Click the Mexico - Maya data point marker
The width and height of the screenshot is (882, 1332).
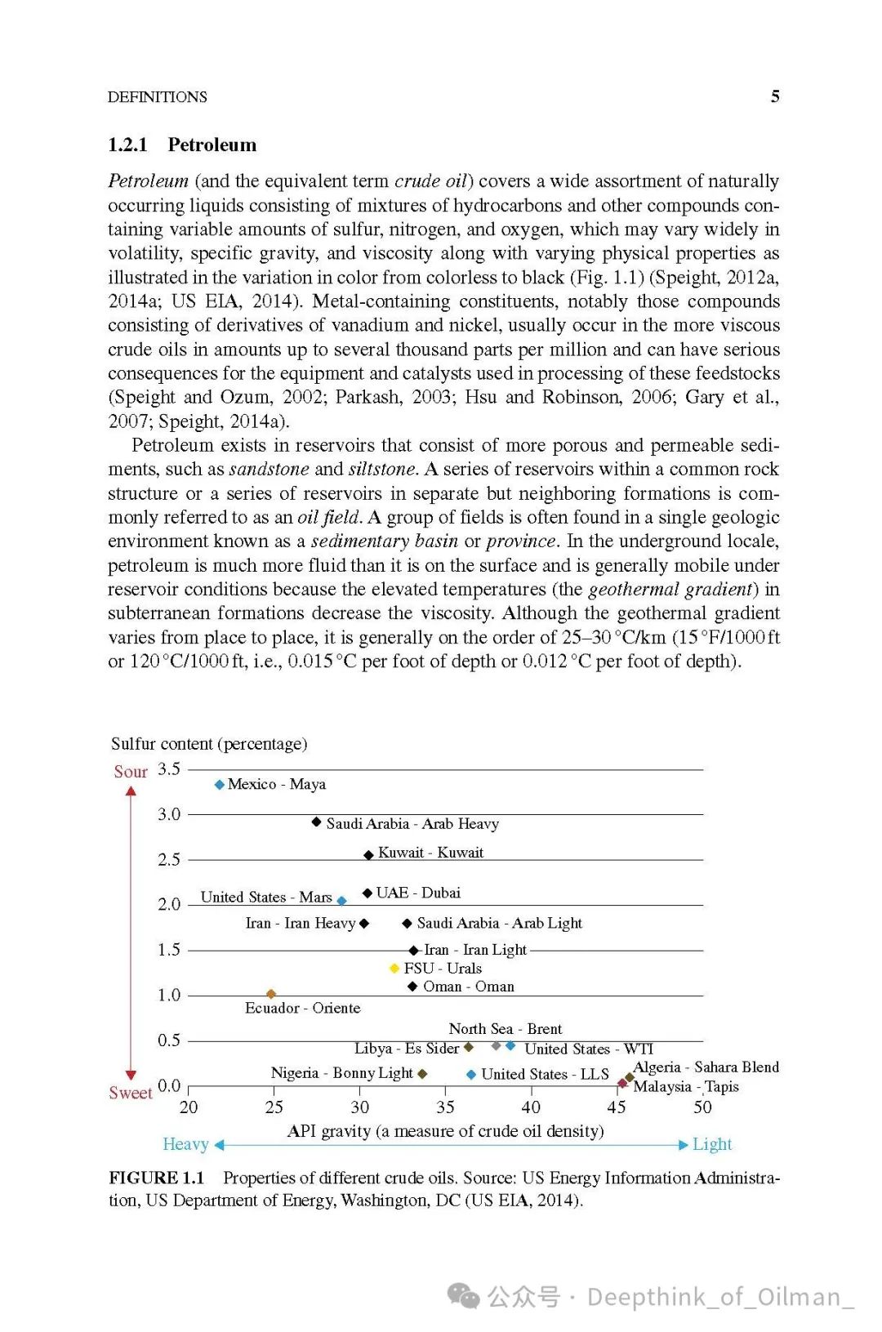(x=219, y=785)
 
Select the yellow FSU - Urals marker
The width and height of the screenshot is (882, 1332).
(x=394, y=969)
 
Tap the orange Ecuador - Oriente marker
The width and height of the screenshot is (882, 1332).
(x=271, y=994)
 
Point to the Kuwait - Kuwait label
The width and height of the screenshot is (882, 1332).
(x=430, y=853)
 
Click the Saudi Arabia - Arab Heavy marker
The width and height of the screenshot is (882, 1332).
(x=316, y=822)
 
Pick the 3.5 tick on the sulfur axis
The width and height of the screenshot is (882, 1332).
(x=169, y=769)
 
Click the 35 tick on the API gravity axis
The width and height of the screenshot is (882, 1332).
(x=445, y=1107)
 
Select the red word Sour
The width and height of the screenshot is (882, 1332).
(x=131, y=772)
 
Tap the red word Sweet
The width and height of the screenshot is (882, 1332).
(x=131, y=1093)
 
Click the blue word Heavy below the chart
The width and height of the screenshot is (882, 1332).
(x=185, y=1144)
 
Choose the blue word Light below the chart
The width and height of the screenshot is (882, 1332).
(x=712, y=1144)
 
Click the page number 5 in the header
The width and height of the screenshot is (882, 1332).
(x=775, y=96)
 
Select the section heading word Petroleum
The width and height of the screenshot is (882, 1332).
(x=212, y=145)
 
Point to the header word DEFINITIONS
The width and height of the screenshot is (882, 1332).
(x=158, y=97)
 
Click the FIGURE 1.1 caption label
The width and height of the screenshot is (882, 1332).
(x=157, y=1178)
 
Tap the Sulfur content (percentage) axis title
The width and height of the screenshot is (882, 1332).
(x=209, y=744)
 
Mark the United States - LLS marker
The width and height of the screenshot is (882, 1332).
(x=471, y=1075)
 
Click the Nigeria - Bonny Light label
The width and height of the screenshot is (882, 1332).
(x=341, y=1073)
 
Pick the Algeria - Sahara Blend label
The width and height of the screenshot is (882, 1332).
(x=706, y=1067)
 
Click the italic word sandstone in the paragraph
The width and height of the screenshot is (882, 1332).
(x=269, y=470)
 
